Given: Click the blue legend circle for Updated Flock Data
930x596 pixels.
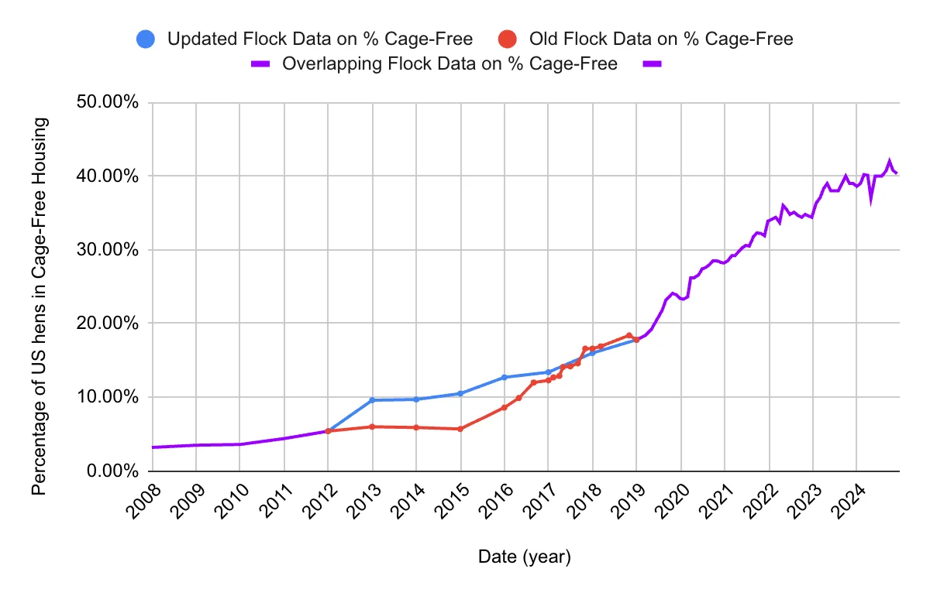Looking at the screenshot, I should click(x=145, y=38).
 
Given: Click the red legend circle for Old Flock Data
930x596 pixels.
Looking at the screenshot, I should click(x=507, y=38).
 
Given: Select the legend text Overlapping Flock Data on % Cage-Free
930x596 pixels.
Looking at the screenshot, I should click(x=449, y=63).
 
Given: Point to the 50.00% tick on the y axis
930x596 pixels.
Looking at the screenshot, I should click(x=108, y=103).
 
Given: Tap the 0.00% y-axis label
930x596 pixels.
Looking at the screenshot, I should click(x=112, y=471).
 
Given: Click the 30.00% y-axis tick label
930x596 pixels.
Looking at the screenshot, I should click(x=108, y=250).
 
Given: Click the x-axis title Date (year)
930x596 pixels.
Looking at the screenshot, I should click(x=524, y=557).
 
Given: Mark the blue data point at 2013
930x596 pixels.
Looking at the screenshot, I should click(x=372, y=400).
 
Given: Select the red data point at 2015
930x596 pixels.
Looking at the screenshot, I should click(x=460, y=429).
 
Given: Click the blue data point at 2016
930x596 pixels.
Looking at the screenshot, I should click(x=504, y=377).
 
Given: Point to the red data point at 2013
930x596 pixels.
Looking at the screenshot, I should click(x=372, y=426).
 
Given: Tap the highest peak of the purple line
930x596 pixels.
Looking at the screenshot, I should click(x=889, y=161).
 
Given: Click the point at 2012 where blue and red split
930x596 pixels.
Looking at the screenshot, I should click(x=328, y=430).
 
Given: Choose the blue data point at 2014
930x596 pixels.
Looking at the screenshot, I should click(x=416, y=399).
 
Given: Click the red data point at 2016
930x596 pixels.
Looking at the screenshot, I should click(x=504, y=407).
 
